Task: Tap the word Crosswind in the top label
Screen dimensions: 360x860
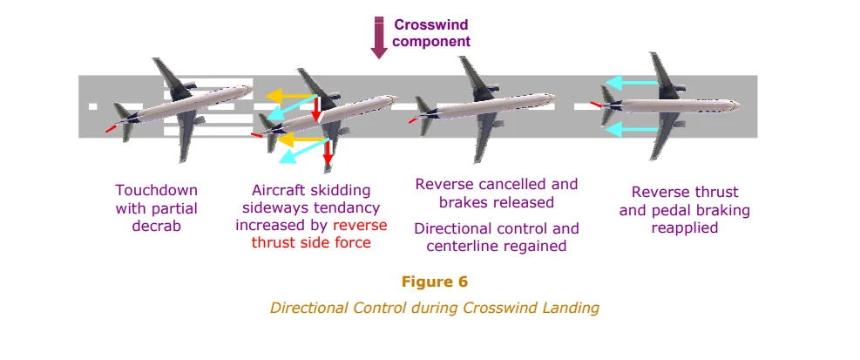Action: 428,25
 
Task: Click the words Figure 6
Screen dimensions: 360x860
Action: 434,282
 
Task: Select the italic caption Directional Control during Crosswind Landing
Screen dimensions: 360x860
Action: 434,308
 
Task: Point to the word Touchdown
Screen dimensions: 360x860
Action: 157,190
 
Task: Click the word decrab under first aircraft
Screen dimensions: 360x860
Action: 157,227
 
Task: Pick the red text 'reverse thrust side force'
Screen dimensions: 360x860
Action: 311,234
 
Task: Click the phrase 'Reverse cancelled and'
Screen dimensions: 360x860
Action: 496,185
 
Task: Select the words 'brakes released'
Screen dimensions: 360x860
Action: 496,202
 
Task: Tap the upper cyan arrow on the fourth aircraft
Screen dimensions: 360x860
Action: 632,84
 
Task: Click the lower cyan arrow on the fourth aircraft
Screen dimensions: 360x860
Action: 632,130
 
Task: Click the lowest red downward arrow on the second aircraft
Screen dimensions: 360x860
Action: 328,155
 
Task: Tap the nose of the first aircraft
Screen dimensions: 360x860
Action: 250,87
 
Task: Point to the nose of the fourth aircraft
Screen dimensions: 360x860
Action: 738,105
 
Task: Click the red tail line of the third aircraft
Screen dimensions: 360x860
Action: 412,121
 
